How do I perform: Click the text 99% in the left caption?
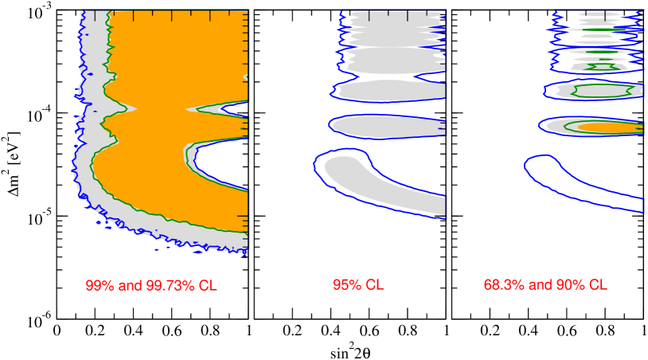(x=100, y=285)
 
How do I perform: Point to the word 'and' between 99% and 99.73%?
(x=129, y=285)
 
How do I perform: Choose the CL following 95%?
(x=374, y=285)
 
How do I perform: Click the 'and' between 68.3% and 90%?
(x=537, y=285)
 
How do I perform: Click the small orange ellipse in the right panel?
(x=609, y=127)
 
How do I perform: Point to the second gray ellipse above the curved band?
(x=390, y=90)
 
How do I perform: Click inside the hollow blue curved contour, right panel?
(x=573, y=179)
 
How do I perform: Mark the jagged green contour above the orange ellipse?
(x=601, y=91)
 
